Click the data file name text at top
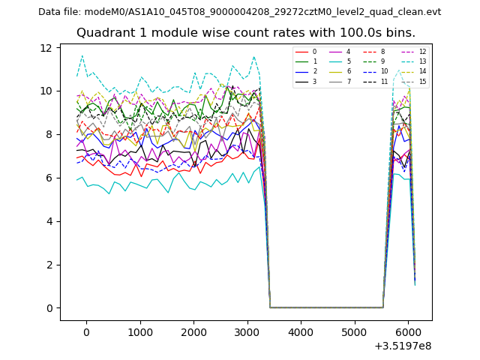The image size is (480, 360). tap(239, 12)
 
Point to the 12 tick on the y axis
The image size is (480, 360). tap(46, 48)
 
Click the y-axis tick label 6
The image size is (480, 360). tap(49, 178)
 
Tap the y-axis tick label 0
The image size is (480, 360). tap(49, 308)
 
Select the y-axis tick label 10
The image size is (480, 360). tap(46, 91)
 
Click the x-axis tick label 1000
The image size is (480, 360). tap(139, 332)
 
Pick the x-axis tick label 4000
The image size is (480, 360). tap(301, 332)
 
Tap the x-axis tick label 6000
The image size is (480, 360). tap(408, 332)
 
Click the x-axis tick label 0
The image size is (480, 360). tap(86, 332)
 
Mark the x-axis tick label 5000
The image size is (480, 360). tap(354, 332)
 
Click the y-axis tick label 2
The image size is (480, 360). tap(49, 265)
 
